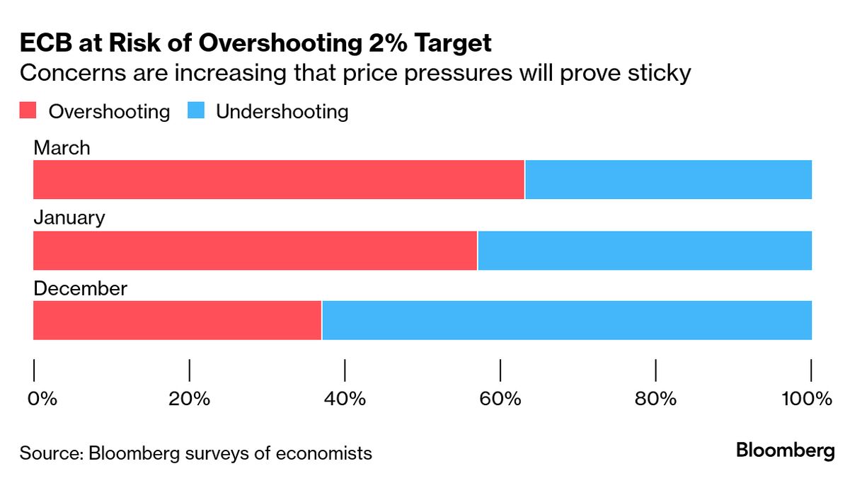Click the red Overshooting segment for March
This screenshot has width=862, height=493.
tap(279, 179)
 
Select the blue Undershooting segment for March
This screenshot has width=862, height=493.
tap(668, 179)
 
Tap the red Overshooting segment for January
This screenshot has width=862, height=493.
tap(255, 250)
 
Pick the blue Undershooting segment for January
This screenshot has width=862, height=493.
tap(645, 250)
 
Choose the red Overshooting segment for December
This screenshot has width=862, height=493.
tap(178, 320)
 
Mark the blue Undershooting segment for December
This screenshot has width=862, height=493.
tap(567, 320)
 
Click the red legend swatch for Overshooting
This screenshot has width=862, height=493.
tap(28, 111)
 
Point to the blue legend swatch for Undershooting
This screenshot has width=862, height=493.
tap(196, 111)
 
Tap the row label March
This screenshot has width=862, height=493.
tap(62, 147)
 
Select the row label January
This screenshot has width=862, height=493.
tap(69, 217)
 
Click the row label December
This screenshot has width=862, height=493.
tap(81, 288)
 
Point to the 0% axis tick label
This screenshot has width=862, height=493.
tap(42, 399)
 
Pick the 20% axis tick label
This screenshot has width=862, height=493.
tap(190, 399)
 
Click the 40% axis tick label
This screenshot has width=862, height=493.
tap(345, 399)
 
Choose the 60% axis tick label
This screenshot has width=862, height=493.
tap(500, 399)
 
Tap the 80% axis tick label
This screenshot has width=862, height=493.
tap(656, 399)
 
